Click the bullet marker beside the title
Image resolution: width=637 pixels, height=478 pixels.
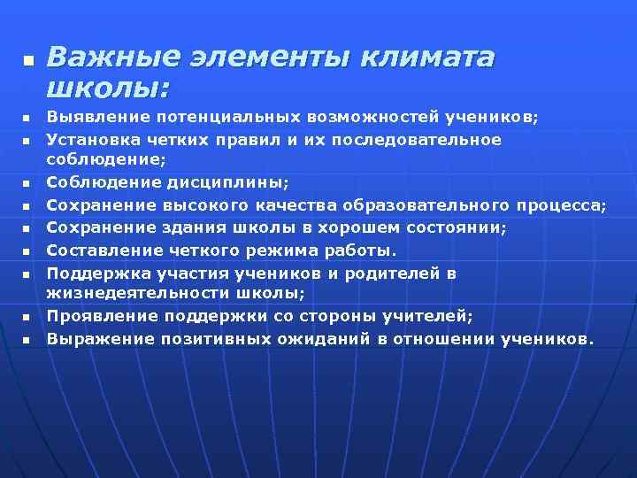(26, 60)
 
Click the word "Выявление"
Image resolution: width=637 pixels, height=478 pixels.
(94, 117)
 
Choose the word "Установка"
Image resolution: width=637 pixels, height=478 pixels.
(93, 140)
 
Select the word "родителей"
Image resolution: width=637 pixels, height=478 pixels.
(398, 274)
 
